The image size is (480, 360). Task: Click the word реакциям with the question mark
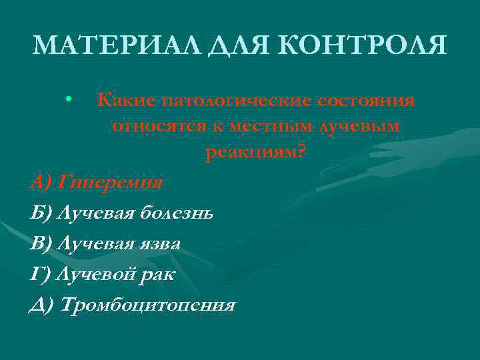coord(256,152)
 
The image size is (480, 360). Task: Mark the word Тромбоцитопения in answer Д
coord(148,305)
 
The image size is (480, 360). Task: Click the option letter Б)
coord(42,213)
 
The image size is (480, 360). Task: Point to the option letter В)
coord(42,243)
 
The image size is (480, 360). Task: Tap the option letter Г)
coord(41,274)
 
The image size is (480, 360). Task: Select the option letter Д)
coord(43,305)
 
